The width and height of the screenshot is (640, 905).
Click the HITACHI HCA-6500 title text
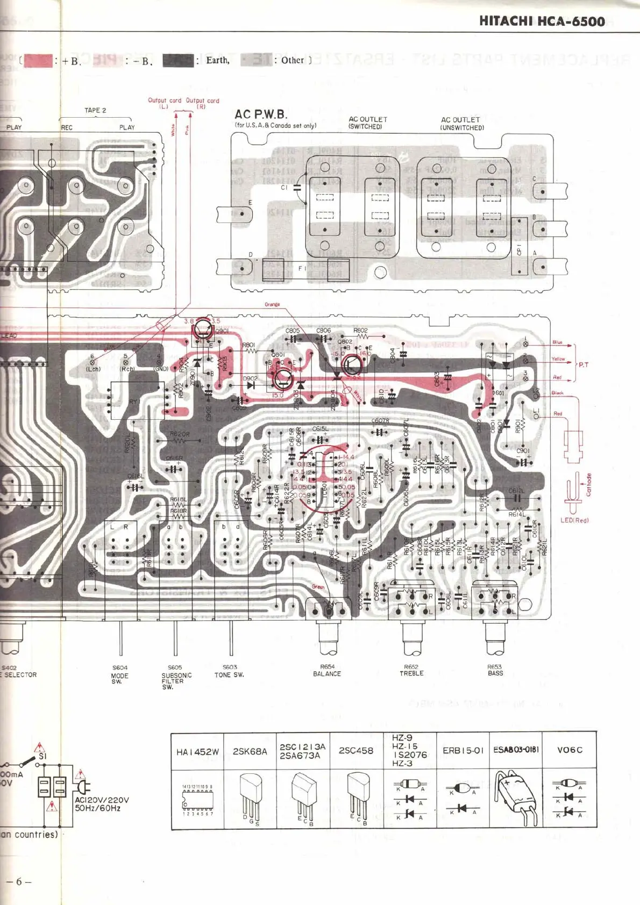click(542, 21)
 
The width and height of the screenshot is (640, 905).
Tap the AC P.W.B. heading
click(261, 114)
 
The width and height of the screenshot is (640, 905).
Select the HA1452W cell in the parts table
click(197, 752)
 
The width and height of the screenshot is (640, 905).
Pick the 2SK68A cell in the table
click(250, 751)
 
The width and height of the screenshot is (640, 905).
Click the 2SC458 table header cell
click(355, 751)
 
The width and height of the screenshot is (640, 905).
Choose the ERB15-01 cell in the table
click(463, 750)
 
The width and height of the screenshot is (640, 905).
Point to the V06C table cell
click(569, 750)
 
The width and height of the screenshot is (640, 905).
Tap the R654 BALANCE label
click(327, 670)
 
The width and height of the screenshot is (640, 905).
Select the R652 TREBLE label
click(411, 670)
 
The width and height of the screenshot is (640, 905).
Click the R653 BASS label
click(495, 670)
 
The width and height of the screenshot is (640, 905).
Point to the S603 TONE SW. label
click(230, 671)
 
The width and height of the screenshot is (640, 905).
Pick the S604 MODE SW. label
click(119, 674)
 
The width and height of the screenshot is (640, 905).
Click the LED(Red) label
click(574, 520)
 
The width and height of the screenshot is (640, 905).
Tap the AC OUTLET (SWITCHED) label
click(367, 123)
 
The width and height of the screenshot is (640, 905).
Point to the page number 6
click(19, 881)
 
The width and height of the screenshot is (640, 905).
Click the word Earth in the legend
click(217, 60)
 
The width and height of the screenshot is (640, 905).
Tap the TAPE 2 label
click(95, 110)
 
